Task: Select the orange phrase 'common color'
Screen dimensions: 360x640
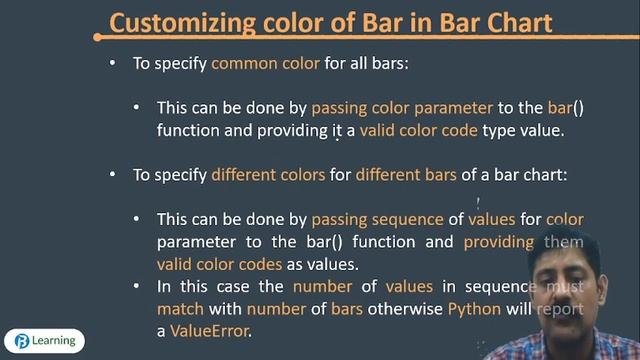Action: point(257,62)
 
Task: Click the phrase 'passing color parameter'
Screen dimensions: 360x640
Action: point(402,107)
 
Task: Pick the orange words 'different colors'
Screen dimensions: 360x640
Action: point(268,174)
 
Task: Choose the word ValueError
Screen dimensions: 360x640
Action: point(209,331)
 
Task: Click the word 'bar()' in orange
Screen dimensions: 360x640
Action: point(559,107)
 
